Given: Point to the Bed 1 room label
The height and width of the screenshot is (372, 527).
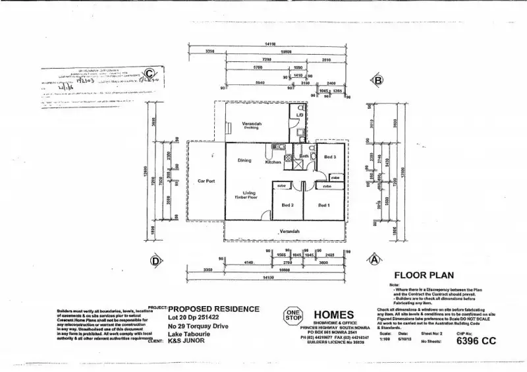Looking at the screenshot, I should (x=324, y=205).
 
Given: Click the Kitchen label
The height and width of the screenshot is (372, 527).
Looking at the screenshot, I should (x=273, y=162).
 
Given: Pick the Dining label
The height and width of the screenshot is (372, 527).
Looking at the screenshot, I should (x=244, y=160).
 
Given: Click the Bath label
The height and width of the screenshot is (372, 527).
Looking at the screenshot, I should (x=304, y=156).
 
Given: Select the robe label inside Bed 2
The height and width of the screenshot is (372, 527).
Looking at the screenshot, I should (x=281, y=186).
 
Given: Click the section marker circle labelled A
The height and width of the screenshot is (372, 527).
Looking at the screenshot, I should (x=374, y=260).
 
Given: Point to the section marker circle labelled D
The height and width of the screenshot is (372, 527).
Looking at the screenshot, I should (x=156, y=261).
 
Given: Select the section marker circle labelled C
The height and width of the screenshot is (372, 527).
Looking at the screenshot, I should (x=150, y=74).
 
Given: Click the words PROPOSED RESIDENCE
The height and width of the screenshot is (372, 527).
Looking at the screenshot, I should (x=215, y=309).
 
